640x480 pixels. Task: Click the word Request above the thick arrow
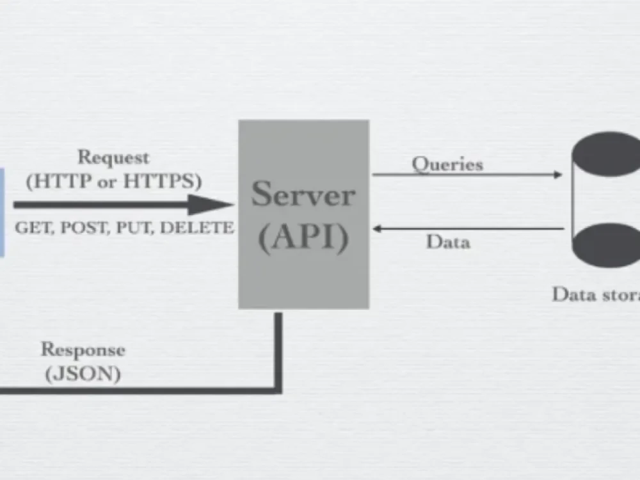[x=113, y=157]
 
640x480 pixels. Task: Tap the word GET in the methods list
[x=34, y=228]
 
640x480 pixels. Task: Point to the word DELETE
[x=196, y=228]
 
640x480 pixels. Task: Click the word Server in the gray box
[x=303, y=194]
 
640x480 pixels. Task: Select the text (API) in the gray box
[x=303, y=237]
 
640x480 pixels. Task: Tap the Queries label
[x=447, y=164]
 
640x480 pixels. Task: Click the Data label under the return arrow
[x=448, y=242]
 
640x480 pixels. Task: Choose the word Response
[x=83, y=350]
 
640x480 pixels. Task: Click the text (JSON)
[x=83, y=373]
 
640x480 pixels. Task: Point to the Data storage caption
[x=595, y=294]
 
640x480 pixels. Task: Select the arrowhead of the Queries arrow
[x=558, y=174]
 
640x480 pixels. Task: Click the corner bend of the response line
[x=278, y=388]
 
